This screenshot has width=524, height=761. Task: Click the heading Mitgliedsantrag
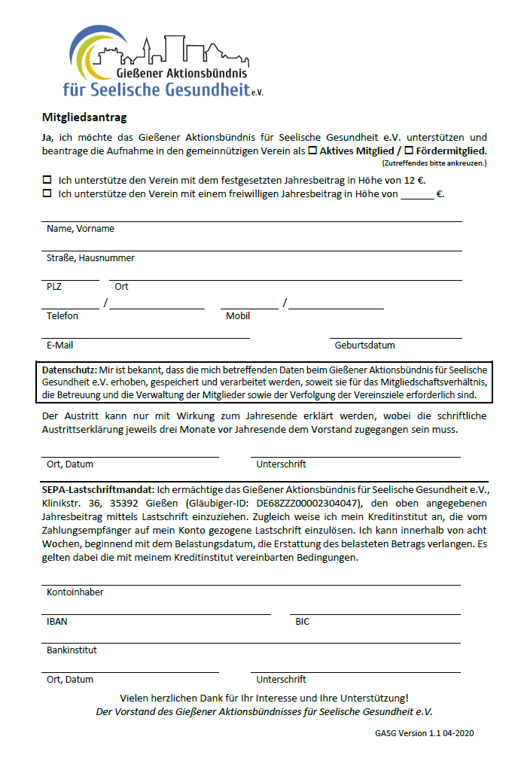tap(84, 117)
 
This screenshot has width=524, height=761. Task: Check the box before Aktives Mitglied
tap(313, 151)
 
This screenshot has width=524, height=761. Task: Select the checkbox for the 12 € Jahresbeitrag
tap(47, 180)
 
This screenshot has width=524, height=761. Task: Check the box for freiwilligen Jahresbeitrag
tap(47, 193)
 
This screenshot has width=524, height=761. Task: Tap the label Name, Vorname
tap(81, 228)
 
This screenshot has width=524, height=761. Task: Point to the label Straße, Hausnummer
tap(90, 257)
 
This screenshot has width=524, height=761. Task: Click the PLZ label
tap(54, 287)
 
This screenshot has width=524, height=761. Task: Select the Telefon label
tap(62, 316)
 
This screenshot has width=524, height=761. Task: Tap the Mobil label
tap(238, 316)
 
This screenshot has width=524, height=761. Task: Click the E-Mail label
tap(59, 345)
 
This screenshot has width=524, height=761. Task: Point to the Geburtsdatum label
tap(364, 345)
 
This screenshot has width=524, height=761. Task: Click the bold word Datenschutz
tap(69, 370)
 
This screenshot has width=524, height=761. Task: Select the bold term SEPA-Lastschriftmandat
tap(98, 489)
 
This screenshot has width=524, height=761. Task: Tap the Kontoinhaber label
tap(75, 592)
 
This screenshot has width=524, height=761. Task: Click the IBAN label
tap(56, 622)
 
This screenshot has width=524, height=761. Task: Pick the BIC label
tap(302, 622)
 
